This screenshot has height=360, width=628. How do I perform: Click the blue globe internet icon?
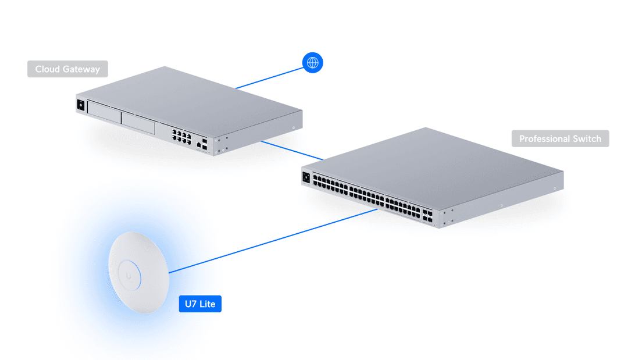pos(312,62)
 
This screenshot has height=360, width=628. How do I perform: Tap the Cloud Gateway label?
pos(67,69)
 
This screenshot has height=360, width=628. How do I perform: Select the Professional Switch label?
pos(560,139)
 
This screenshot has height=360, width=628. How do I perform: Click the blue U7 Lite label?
pos(199,304)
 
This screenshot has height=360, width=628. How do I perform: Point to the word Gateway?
pos(82,69)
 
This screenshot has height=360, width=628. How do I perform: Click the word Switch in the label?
pos(587,139)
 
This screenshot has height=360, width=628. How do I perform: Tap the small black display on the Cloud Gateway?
pos(80,105)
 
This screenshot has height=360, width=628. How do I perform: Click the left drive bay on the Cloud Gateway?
pos(104,112)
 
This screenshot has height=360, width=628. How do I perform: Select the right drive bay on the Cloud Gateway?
pos(138,122)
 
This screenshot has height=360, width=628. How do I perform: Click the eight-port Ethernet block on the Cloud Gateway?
pos(181,136)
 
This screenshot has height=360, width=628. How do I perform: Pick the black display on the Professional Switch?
pos(306,176)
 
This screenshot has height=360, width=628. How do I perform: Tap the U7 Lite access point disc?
pos(138,273)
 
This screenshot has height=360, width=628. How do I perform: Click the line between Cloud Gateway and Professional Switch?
pos(292,149)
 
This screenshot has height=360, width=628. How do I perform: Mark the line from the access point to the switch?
pos(273,241)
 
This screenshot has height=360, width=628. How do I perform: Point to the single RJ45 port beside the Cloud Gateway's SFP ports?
pos(199,142)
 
